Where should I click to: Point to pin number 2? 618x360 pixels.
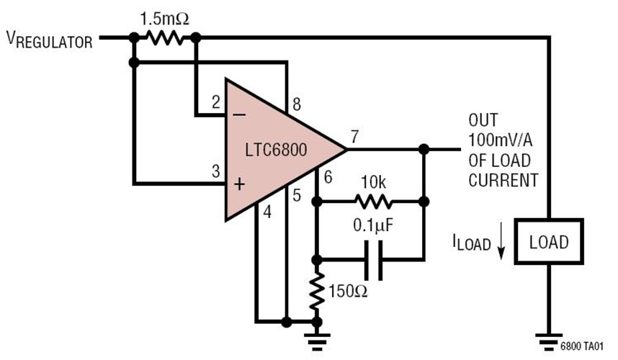(215, 103)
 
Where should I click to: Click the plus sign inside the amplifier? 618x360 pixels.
(239, 184)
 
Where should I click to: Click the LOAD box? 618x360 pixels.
(549, 241)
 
